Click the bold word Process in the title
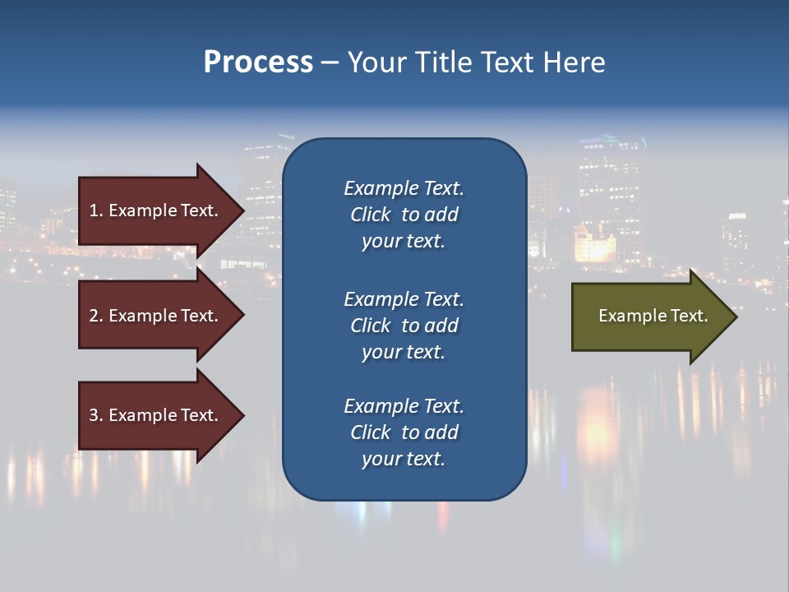coord(258,62)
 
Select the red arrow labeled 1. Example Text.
coord(156,210)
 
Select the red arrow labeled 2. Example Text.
coord(156,316)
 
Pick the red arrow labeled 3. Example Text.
coord(156,415)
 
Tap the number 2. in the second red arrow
coord(96,316)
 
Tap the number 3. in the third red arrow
coord(96,415)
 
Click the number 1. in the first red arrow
coord(96,210)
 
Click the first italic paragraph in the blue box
coord(404,215)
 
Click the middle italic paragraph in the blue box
coord(404,326)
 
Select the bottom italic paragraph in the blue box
coord(404,432)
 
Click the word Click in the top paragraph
coord(370,215)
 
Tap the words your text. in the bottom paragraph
coord(404,459)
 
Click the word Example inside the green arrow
coord(624,316)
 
